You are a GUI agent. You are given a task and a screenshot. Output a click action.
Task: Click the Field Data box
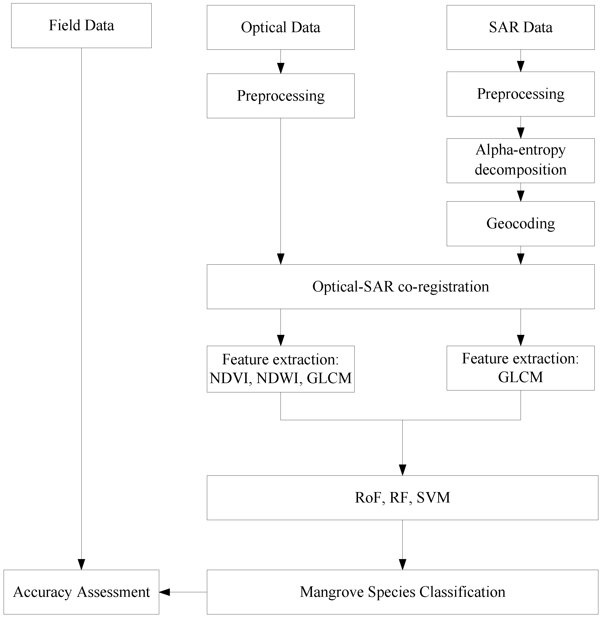81,26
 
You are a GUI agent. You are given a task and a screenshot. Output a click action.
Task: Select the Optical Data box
281,27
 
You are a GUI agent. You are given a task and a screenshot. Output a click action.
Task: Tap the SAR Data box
520,27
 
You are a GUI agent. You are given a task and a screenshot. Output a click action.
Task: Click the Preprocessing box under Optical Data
281,96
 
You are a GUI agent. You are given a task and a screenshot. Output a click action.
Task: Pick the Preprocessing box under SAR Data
520,94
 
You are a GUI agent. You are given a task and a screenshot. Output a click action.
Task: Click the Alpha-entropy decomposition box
520,161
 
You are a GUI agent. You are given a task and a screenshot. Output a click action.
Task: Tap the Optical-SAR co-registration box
400,287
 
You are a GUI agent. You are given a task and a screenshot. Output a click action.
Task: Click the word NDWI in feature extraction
277,378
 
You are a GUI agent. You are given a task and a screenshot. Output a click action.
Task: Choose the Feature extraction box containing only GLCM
520,368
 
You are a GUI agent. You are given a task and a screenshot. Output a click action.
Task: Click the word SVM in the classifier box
433,498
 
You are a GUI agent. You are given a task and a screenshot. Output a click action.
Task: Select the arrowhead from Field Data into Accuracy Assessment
81,565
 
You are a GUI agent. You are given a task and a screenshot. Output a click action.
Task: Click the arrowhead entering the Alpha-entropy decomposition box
520,133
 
